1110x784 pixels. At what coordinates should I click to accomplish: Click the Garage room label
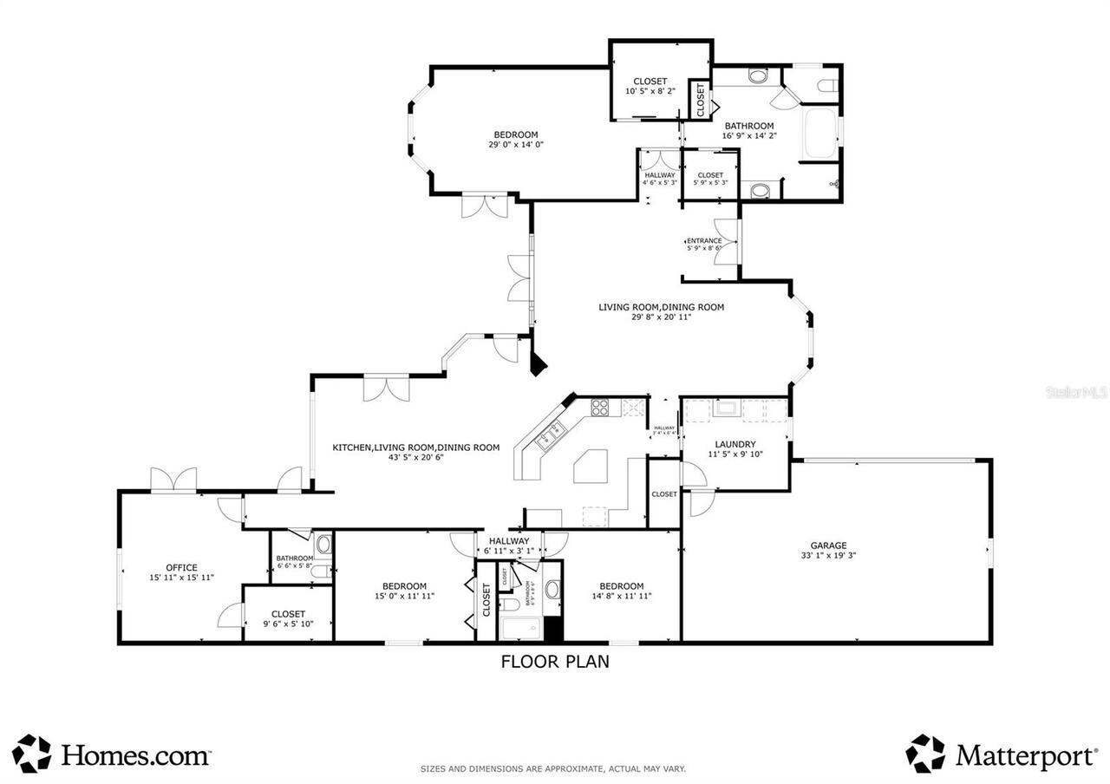coord(828,546)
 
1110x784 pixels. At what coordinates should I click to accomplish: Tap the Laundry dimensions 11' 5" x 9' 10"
coord(735,454)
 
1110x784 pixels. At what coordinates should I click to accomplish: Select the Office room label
coord(182,568)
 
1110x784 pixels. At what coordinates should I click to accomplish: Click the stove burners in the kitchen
coord(600,406)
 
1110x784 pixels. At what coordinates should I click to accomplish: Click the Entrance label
coord(703,241)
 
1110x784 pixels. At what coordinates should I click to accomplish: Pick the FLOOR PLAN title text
coord(555,662)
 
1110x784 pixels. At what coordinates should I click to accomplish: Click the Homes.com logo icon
coord(31,753)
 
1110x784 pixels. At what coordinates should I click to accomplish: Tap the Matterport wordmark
coord(1026,755)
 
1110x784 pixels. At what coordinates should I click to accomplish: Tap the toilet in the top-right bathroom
coord(826,85)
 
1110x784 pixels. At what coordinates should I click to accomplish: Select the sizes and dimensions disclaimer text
coord(553,768)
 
